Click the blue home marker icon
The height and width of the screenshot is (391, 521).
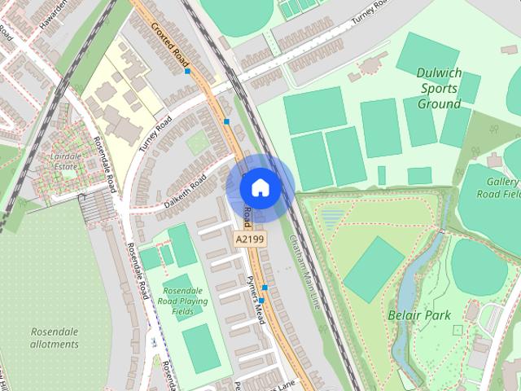pyautogui.click(x=260, y=187)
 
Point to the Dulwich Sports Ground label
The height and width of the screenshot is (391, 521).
pyautogui.click(x=439, y=87)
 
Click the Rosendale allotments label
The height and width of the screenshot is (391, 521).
pyautogui.click(x=55, y=338)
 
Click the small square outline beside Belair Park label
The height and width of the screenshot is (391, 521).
pyautogui.click(x=458, y=330)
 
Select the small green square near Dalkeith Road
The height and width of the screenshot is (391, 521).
pyautogui.click(x=197, y=143)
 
